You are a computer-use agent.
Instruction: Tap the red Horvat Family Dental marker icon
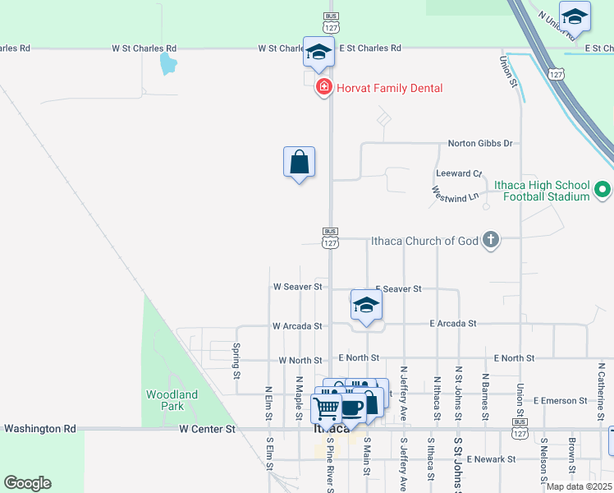324,87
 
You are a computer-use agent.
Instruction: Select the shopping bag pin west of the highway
299,162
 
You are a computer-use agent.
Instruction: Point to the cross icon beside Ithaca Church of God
491,240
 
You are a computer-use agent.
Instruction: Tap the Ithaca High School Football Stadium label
542,191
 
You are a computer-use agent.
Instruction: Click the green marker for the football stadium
603,190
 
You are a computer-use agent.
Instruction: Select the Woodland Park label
172,400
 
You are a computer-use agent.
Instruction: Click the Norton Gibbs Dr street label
479,143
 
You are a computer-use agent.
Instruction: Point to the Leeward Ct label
460,174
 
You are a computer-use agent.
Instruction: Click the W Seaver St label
297,287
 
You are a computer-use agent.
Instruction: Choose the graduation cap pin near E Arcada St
366,306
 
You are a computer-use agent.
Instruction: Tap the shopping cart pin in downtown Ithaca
328,407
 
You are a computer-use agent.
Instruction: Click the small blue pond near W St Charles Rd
167,63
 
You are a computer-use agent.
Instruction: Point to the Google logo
27,483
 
